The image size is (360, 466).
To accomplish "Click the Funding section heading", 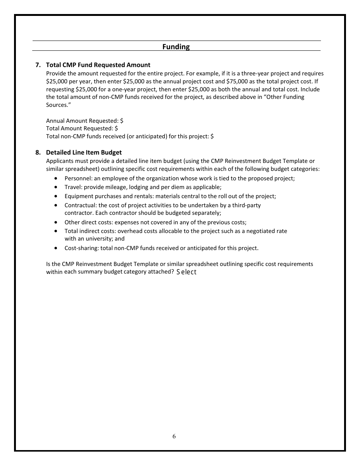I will click(176, 47).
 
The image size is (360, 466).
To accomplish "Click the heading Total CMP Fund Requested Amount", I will click(98, 65).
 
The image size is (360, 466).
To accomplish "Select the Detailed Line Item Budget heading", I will click(84, 152).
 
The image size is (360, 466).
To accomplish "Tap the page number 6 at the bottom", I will click(174, 436).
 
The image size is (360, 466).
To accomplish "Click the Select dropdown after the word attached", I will click(186, 272).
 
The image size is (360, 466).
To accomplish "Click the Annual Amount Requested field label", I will click(82, 120).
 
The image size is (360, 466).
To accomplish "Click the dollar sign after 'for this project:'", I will click(212, 136).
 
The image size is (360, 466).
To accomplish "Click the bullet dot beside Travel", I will click(56, 187).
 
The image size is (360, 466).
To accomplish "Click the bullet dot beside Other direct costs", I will click(56, 222).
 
